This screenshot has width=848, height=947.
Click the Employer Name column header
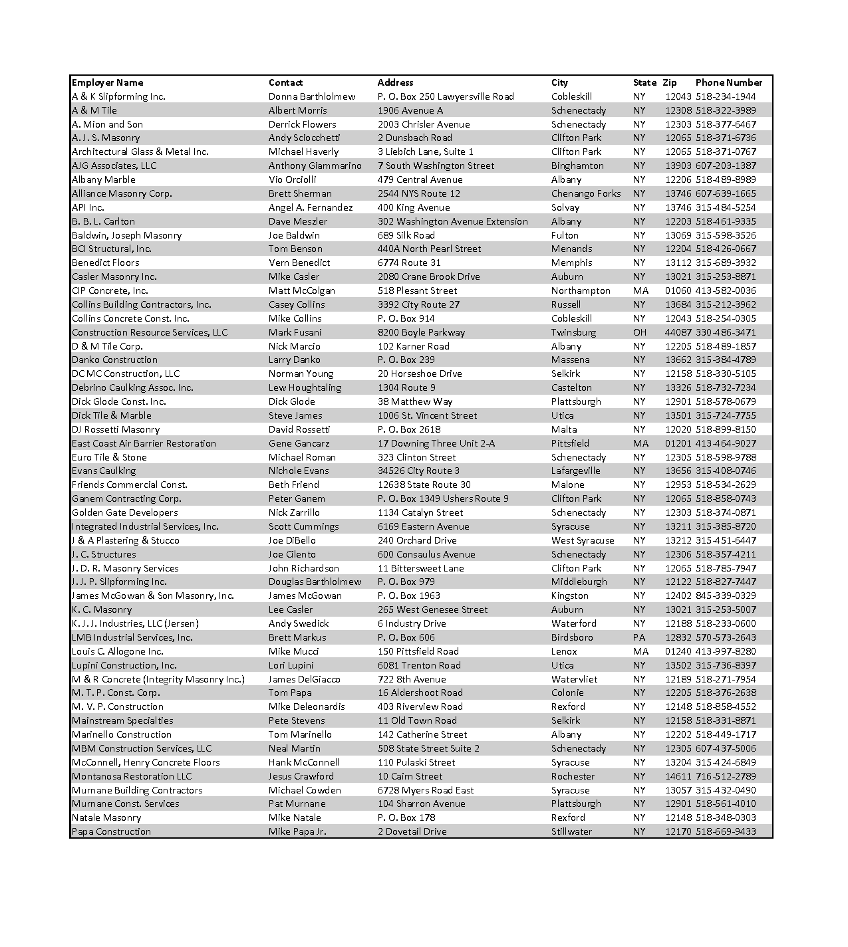pyautogui.click(x=107, y=82)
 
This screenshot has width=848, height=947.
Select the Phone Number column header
pyautogui.click(x=728, y=82)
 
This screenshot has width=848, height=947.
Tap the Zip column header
pyautogui.click(x=669, y=82)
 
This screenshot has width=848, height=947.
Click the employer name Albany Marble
pyautogui.click(x=104, y=179)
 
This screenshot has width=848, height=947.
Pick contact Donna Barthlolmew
pyautogui.click(x=312, y=96)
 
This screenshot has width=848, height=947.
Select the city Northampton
pyautogui.click(x=581, y=290)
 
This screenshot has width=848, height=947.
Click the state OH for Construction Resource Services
pyautogui.click(x=639, y=332)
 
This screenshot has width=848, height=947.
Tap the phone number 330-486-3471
pyautogui.click(x=726, y=332)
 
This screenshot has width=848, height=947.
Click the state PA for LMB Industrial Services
pyautogui.click(x=639, y=637)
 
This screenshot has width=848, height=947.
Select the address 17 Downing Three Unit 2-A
pyautogui.click(x=436, y=443)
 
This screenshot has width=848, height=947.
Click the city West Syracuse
pyautogui.click(x=583, y=540)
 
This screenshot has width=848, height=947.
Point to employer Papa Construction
pyautogui.click(x=111, y=831)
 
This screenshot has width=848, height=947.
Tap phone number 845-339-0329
pyautogui.click(x=726, y=595)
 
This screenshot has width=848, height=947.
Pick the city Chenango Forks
pyautogui.click(x=586, y=193)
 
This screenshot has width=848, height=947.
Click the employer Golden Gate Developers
pyautogui.click(x=125, y=512)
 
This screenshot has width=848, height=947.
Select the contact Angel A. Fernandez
pyautogui.click(x=311, y=207)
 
